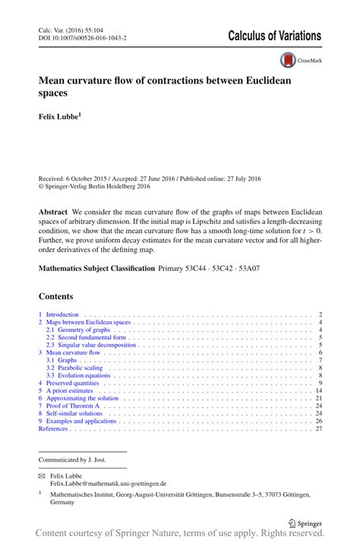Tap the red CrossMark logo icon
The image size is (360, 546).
(x=288, y=59)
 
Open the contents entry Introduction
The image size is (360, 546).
(x=62, y=314)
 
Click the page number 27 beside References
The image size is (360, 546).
(x=319, y=429)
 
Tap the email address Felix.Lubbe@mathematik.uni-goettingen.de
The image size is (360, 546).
(x=108, y=483)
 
